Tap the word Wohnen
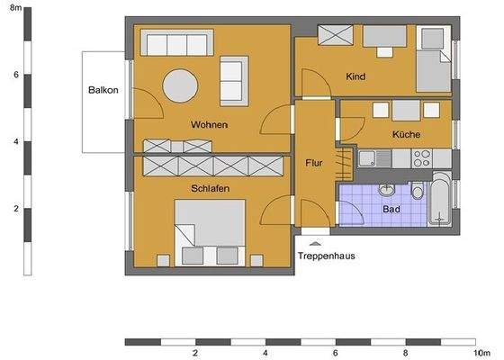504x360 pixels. point(208,124)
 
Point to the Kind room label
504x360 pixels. point(356,77)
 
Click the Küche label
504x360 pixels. point(406,135)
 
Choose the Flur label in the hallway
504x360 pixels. point(315,164)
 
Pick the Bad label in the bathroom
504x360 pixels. point(391,209)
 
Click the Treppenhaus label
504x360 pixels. point(326,256)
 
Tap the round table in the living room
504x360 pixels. point(181,86)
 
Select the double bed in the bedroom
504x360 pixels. point(211,232)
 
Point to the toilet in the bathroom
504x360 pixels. point(417,193)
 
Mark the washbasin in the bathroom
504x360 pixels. point(387,189)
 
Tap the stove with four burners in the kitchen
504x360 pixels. point(422,159)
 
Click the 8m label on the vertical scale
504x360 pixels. point(15,8)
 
